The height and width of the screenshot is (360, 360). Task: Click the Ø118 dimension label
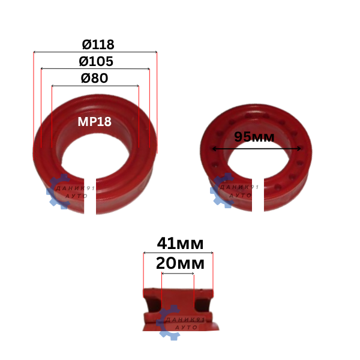tap(98, 44)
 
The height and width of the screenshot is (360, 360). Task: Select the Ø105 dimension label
tap(96, 61)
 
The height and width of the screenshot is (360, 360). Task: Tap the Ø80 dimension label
tap(94, 78)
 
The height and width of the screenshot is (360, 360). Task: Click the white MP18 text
tap(94, 121)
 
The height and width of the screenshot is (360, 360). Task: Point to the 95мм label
tap(254, 137)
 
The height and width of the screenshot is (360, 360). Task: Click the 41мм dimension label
tap(180, 244)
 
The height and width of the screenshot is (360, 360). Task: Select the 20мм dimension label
tap(180, 263)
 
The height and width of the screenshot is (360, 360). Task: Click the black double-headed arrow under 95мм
tap(256, 149)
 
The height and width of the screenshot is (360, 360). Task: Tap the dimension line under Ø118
tap(95, 52)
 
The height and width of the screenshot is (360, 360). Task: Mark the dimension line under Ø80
tap(95, 86)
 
